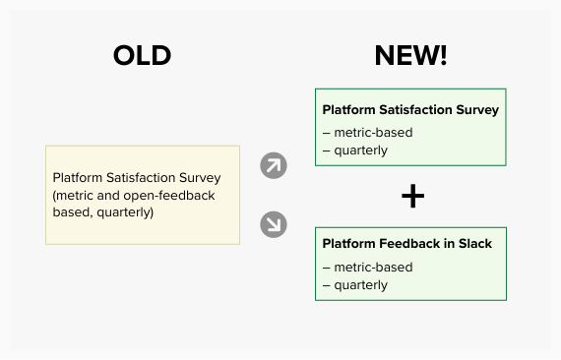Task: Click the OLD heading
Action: point(142,56)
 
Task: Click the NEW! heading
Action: point(410,56)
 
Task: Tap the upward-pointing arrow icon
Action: point(274,165)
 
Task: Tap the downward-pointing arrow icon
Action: point(274,224)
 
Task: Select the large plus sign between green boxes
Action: point(412,197)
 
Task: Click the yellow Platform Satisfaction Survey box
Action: point(143,195)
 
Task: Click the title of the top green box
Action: point(410,110)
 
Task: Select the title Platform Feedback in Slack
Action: point(406,244)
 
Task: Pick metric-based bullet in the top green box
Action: point(367,133)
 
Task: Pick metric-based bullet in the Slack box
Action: point(367,268)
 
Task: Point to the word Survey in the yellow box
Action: point(200,178)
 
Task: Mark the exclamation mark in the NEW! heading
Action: point(442,56)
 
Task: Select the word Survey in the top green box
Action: point(476,110)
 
